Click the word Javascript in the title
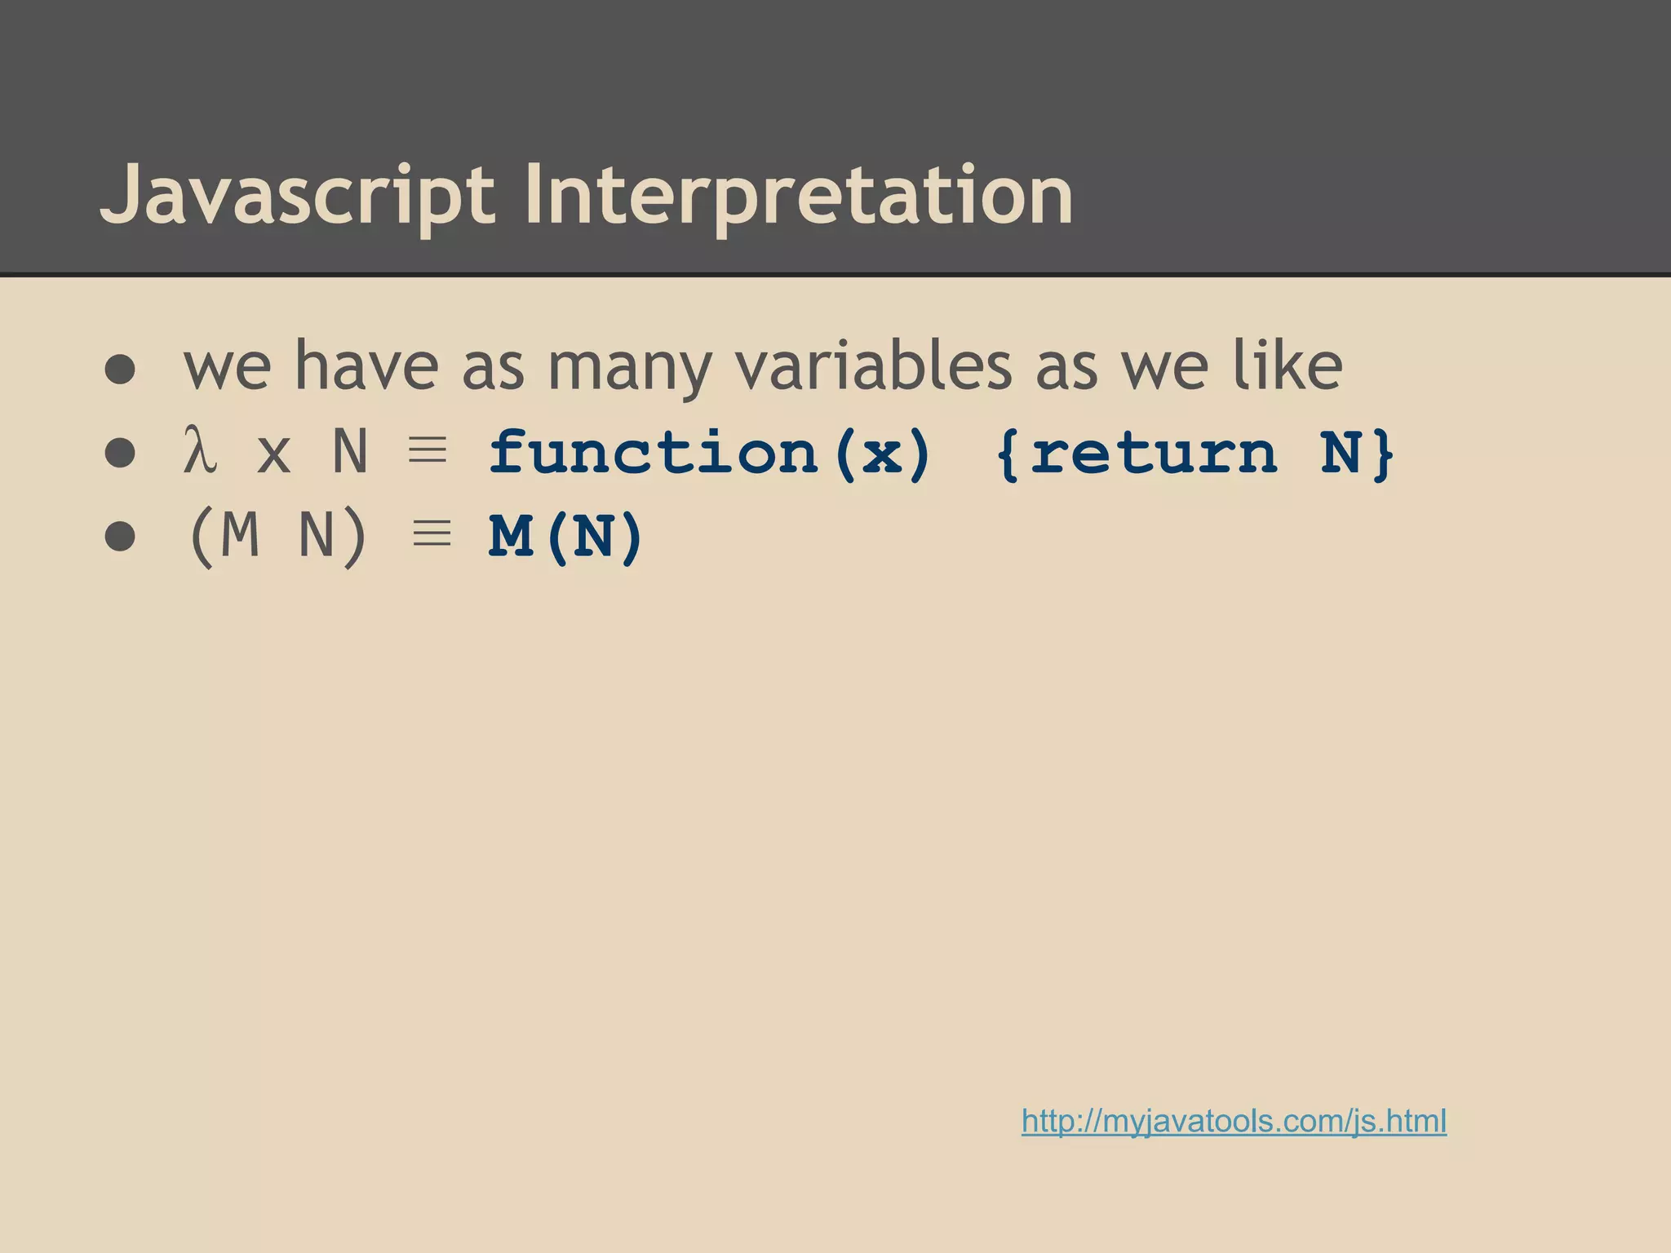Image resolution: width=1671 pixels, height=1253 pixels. [x=297, y=196]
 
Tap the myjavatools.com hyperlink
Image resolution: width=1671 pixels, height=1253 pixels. [x=1234, y=1121]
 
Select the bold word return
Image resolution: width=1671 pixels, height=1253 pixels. [x=1152, y=453]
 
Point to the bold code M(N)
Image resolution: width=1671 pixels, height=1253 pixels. [x=566, y=538]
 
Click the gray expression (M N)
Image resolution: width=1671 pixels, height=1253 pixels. [x=277, y=538]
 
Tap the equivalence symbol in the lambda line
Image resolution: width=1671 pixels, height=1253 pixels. [x=428, y=450]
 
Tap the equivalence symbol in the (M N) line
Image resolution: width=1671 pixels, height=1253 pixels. [x=432, y=534]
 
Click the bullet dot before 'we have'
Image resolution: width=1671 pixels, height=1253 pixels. [x=120, y=369]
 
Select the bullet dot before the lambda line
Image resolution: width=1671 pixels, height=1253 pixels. [x=120, y=453]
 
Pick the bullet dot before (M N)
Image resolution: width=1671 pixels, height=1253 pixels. [x=120, y=537]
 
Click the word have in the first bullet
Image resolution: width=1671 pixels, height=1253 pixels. [x=366, y=366]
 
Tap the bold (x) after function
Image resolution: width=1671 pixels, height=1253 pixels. [x=884, y=453]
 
